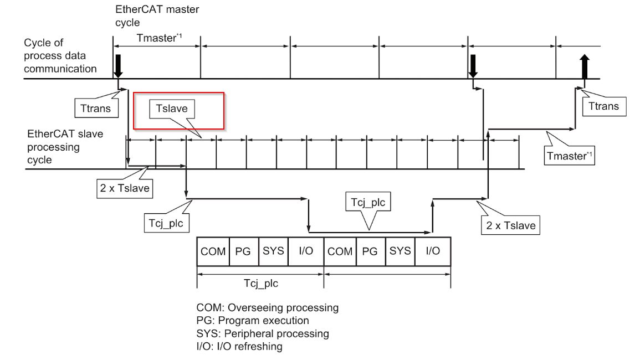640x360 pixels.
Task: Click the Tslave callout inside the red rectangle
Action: coord(172,109)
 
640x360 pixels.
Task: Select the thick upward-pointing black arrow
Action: coord(585,66)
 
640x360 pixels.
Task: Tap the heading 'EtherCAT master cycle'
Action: coord(157,16)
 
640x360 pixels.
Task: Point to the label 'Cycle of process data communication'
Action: coord(60,55)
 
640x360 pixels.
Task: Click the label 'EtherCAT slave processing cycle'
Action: coord(65,147)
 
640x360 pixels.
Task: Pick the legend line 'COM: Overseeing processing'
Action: coord(267,307)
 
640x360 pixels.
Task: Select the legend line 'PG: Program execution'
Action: coord(253,321)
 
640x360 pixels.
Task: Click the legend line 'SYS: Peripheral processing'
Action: coord(263,333)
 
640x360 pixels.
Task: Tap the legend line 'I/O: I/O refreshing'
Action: coord(239,347)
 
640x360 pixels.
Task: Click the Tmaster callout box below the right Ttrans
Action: coord(570,156)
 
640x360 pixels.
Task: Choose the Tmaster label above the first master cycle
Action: coord(159,38)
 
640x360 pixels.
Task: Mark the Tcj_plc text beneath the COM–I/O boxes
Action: coord(261,283)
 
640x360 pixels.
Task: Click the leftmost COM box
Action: coord(213,251)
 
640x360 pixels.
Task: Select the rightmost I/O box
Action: coord(433,251)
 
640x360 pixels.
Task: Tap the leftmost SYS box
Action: coord(274,251)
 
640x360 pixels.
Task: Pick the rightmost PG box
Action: coord(370,251)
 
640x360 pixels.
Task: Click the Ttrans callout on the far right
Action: coord(604,106)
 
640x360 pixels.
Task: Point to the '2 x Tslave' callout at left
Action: coord(125,188)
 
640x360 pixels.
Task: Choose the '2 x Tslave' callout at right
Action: coord(510,225)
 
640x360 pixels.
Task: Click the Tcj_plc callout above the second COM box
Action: coord(368,202)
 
